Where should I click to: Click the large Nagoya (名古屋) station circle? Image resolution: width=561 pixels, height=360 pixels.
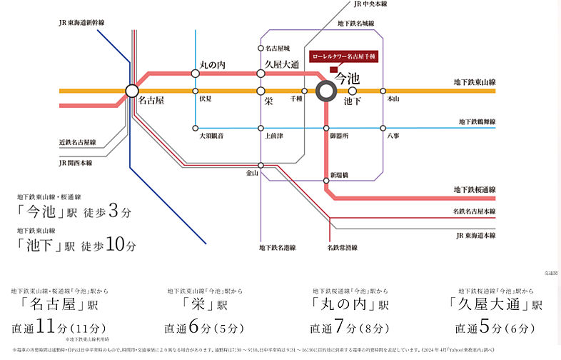pyautogui.click(x=131, y=91)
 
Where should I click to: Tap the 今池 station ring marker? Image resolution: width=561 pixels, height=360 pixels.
pyautogui.click(x=326, y=91)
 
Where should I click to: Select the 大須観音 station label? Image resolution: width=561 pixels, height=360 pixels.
pyautogui.click(x=212, y=136)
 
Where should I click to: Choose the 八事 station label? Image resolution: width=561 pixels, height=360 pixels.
pyautogui.click(x=393, y=136)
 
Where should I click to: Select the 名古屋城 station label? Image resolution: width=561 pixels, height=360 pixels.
pyautogui.click(x=278, y=48)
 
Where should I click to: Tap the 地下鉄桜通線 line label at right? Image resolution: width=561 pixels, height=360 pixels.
pyautogui.click(x=474, y=189)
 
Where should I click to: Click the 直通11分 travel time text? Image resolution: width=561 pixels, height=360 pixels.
pyautogui.click(x=44, y=327)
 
